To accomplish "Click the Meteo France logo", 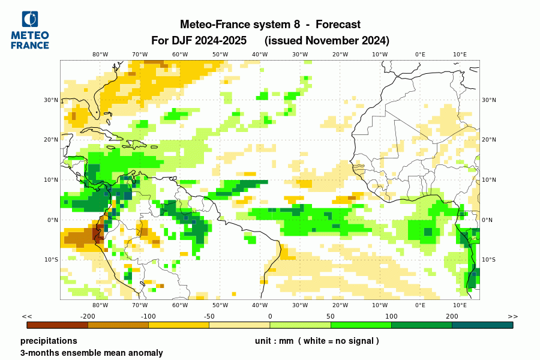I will (x=30, y=30).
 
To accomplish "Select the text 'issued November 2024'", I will (x=327, y=41).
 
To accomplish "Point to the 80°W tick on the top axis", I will (x=100, y=54).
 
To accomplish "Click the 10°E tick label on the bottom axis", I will (x=460, y=305).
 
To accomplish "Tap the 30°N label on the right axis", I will (x=489, y=100).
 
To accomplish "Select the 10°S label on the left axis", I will (x=52, y=260).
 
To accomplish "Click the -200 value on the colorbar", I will (x=88, y=316).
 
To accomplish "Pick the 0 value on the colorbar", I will (x=270, y=316).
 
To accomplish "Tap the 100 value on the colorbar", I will (x=391, y=316).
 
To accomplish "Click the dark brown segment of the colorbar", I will (x=58, y=325).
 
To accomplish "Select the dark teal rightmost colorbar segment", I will (x=482, y=325).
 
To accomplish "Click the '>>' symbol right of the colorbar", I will (x=512, y=316).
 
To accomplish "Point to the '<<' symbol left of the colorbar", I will (x=26, y=316).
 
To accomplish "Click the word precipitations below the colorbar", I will (x=49, y=341).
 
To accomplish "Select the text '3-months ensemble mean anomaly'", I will (x=91, y=353).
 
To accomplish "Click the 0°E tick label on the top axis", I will (x=420, y=54).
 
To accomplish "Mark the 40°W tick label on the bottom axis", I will (x=260, y=305).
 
